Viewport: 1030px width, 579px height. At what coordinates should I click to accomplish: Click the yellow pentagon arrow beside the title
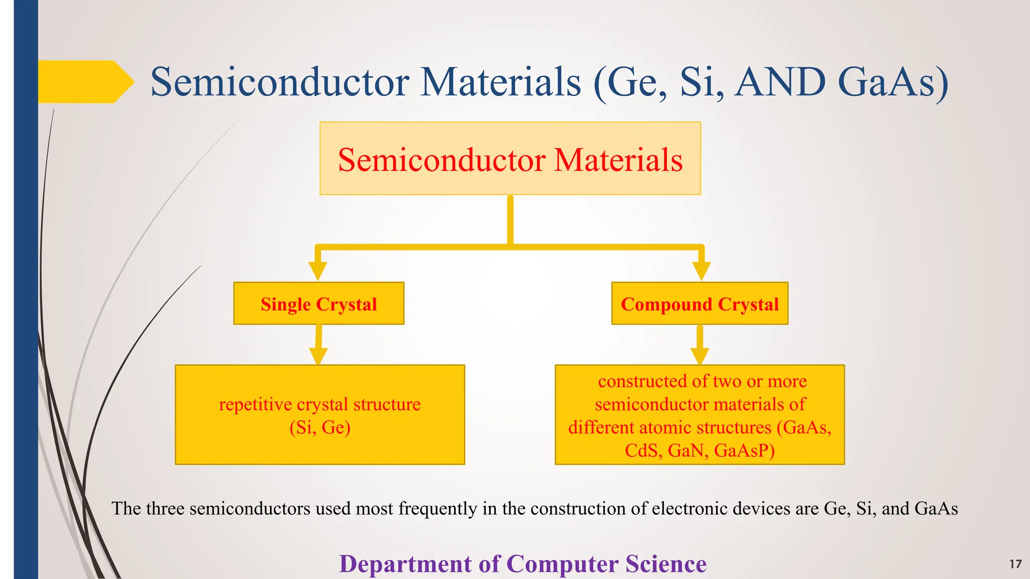click(x=83, y=82)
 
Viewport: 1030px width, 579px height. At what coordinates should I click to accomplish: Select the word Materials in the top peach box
click(x=618, y=160)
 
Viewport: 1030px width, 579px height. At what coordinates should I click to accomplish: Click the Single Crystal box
click(x=319, y=304)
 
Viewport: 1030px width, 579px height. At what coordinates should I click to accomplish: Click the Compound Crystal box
click(x=700, y=304)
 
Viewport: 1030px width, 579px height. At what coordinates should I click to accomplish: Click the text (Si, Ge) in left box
click(x=320, y=428)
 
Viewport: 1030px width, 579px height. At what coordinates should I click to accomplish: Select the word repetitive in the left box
click(x=255, y=405)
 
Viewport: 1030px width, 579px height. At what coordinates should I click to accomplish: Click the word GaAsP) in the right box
click(x=744, y=450)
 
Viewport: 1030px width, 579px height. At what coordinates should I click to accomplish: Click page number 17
click(x=1015, y=564)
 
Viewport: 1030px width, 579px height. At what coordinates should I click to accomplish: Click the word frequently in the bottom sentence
click(x=437, y=509)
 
